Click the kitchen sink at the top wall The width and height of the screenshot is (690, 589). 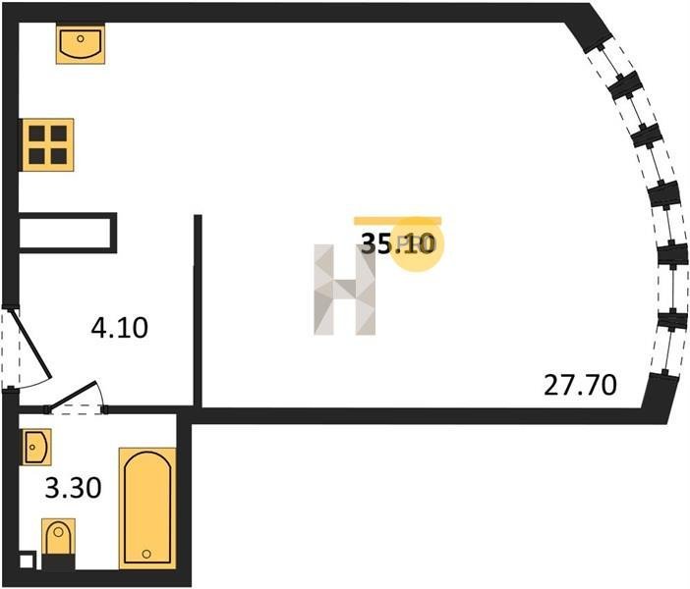pyautogui.click(x=81, y=44)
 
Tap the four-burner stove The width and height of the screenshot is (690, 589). pyautogui.click(x=47, y=144)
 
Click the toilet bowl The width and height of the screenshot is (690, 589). pyautogui.click(x=59, y=537)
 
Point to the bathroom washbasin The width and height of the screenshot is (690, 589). pyautogui.click(x=36, y=447)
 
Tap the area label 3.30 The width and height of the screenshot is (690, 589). pyautogui.click(x=74, y=488)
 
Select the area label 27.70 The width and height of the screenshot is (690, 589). pyautogui.click(x=580, y=385)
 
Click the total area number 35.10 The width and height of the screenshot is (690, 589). pyautogui.click(x=398, y=243)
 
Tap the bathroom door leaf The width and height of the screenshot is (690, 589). pyautogui.click(x=72, y=396)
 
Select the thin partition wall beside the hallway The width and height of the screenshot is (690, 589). pyautogui.click(x=198, y=311)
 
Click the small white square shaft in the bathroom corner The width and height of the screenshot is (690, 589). pyautogui.click(x=27, y=562)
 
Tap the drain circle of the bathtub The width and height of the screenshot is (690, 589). pyautogui.click(x=147, y=554)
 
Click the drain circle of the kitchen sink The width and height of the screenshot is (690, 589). pyautogui.click(x=81, y=38)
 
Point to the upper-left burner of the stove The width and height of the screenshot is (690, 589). pyautogui.click(x=37, y=134)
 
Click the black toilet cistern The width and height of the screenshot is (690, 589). pyautogui.click(x=59, y=562)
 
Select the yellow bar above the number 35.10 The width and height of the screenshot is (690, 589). pyautogui.click(x=398, y=221)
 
